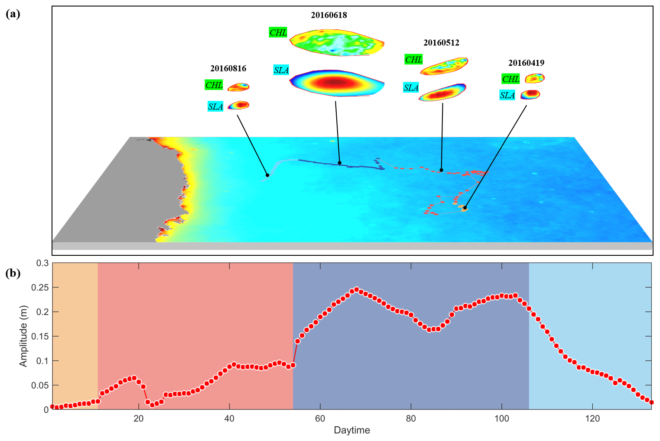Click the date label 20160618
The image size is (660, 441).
[x=329, y=15]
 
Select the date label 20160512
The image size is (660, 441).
[x=441, y=42]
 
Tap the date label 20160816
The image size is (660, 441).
[x=228, y=68]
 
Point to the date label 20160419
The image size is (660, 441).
[x=526, y=63]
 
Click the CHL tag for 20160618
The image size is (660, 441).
[x=278, y=32]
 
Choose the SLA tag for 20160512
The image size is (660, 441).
[x=411, y=88]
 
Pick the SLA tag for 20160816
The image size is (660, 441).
[x=215, y=106]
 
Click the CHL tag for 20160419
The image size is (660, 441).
[x=510, y=79]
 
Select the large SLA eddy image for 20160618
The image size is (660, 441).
[x=336, y=83]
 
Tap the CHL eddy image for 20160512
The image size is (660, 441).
[x=445, y=66]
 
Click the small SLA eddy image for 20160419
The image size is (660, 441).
[x=530, y=94]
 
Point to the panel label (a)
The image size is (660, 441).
[x=13, y=14]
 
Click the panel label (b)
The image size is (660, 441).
[x=13, y=273]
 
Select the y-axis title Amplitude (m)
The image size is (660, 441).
[x=23, y=336]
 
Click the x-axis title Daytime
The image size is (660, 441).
[x=351, y=430]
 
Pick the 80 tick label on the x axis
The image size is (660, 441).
[x=410, y=418]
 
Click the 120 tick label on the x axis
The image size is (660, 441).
[x=592, y=418]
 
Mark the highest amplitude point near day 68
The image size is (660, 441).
[x=357, y=290]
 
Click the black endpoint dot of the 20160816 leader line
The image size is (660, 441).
[x=267, y=175]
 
